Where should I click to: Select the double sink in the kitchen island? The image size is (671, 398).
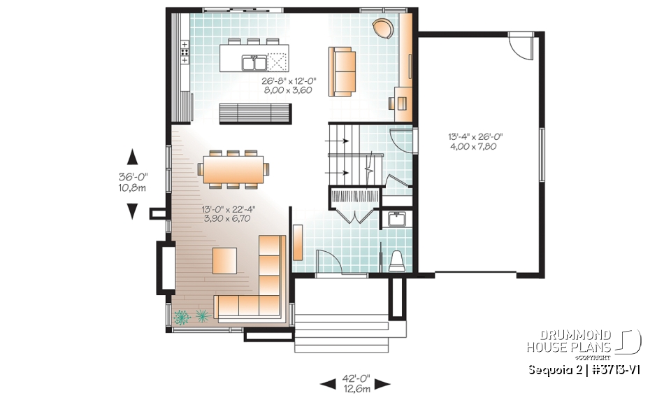click(254, 64)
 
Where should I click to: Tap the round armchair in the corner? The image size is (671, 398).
click(382, 29)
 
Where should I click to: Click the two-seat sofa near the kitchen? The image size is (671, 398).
click(341, 70)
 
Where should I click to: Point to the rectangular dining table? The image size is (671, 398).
click(233, 169)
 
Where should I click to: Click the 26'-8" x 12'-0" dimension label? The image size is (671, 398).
click(282, 85)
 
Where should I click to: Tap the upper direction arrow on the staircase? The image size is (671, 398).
click(336, 141)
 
